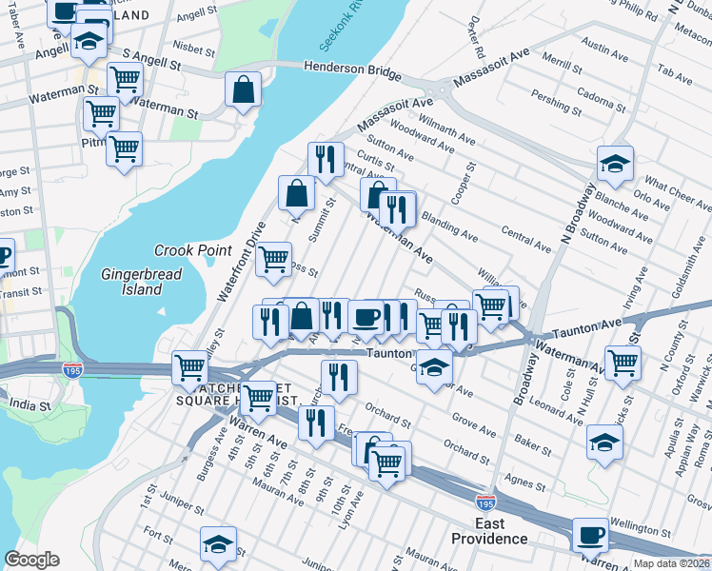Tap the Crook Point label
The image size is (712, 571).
(x=193, y=250)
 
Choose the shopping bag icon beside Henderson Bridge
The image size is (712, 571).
(x=244, y=89)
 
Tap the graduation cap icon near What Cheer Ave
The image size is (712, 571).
(x=615, y=163)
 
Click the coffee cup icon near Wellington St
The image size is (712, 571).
(x=590, y=535)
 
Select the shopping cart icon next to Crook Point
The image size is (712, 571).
(x=274, y=258)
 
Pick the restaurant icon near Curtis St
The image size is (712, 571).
(x=326, y=160)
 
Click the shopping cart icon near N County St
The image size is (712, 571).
(x=623, y=363)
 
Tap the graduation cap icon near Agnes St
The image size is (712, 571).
(x=604, y=443)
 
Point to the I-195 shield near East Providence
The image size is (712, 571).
(x=485, y=500)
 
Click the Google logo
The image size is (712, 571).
(x=31, y=560)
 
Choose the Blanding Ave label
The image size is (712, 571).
(x=449, y=224)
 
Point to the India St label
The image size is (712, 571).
(x=30, y=405)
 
